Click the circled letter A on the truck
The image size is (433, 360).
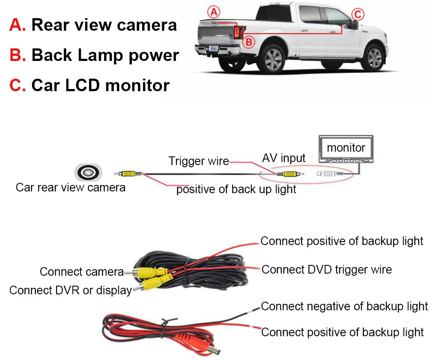click(x=212, y=11)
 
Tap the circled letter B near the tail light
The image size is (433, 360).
click(x=249, y=42)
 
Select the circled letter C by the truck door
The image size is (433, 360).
click(x=357, y=14)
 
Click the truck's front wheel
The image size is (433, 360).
click(x=374, y=57)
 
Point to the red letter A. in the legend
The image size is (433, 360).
click(x=18, y=25)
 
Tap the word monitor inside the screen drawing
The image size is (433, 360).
click(x=346, y=148)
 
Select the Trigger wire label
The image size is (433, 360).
click(x=199, y=161)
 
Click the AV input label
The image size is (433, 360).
click(x=284, y=158)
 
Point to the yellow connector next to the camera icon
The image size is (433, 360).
click(x=128, y=175)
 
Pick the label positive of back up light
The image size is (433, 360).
click(x=236, y=189)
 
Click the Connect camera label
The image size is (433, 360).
click(x=82, y=272)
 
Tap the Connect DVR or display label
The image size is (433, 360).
click(x=70, y=290)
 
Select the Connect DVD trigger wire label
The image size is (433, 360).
click(x=327, y=270)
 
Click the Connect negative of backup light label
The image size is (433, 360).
click(x=344, y=306)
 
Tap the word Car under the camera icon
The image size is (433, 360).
click(x=25, y=188)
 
